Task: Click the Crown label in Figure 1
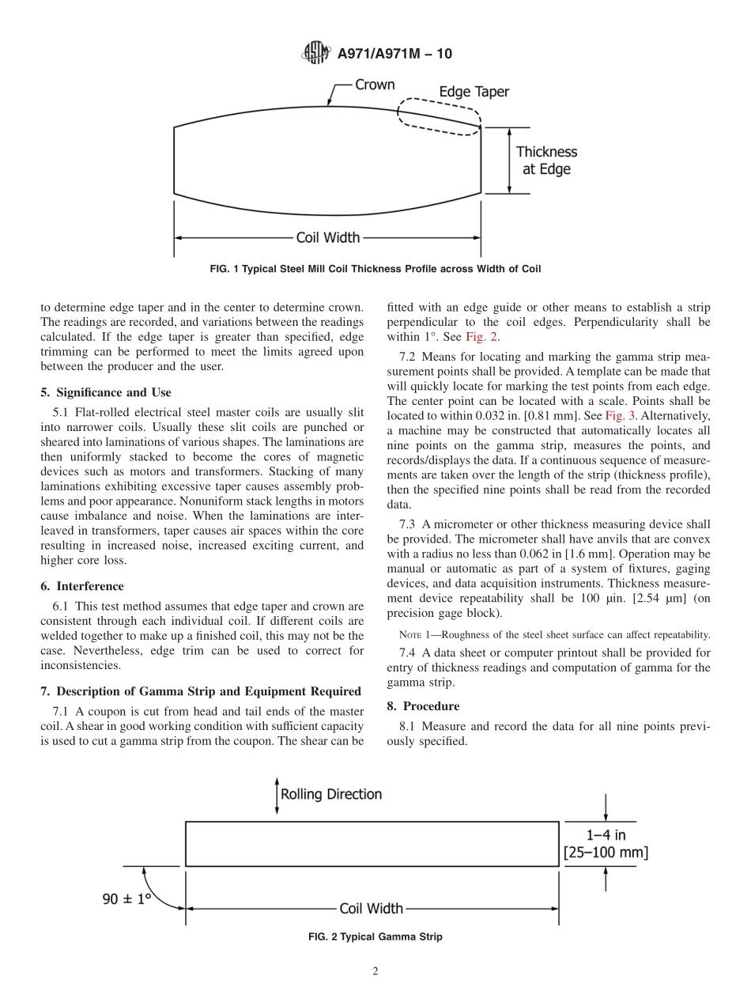pos(375,85)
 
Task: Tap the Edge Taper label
pos(474,92)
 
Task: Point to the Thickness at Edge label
pos(546,160)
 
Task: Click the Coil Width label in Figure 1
pos(327,236)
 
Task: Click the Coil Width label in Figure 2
pos(371,909)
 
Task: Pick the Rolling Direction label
pos(331,794)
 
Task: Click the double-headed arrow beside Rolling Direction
pos(276,795)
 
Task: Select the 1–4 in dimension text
pos(606,834)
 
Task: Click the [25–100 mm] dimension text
pos(606,853)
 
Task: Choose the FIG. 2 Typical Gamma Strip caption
pos(375,937)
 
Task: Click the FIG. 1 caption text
pos(375,269)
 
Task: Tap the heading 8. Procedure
pos(423,705)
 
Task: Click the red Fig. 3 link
pos(620,415)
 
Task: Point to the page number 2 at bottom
pos(375,972)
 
